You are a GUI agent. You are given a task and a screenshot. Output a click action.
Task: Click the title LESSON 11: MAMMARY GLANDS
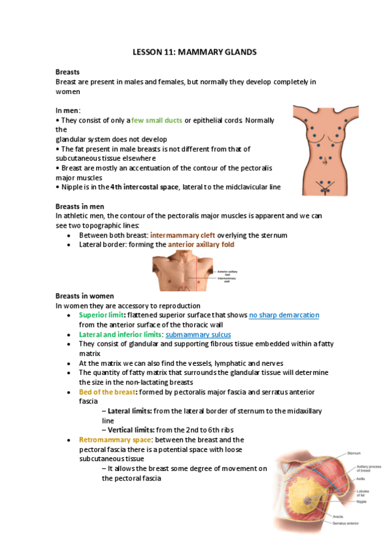coord(194,51)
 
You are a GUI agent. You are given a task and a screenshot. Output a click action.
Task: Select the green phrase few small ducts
coord(157,121)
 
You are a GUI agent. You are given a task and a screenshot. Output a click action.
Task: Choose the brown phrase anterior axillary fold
coord(201,245)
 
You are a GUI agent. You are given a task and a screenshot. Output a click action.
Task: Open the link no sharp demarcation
coord(284,315)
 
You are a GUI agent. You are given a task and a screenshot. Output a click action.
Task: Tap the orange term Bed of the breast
coord(106,392)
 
